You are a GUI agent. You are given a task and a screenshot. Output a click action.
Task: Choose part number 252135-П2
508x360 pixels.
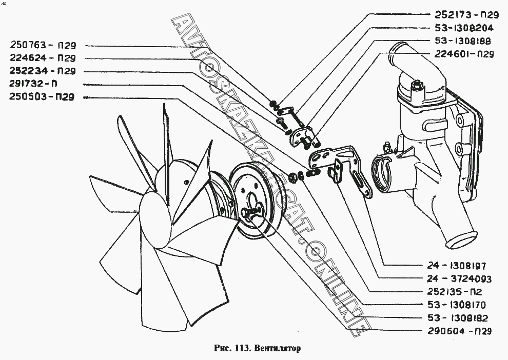coord(456,292)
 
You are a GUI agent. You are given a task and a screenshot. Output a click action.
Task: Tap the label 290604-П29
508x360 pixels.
coord(459,331)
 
